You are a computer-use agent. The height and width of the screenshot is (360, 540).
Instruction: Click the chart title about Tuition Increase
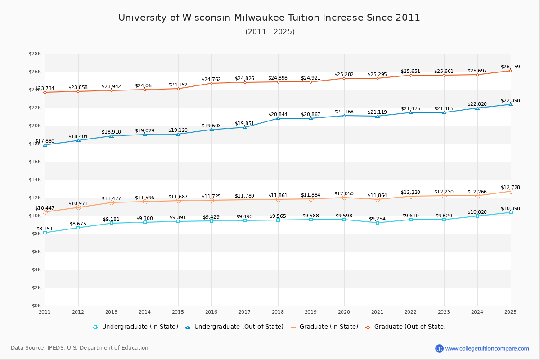(269, 18)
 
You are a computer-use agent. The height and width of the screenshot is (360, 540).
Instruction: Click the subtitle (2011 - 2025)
(270, 32)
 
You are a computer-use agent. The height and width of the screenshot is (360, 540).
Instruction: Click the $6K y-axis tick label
(36, 252)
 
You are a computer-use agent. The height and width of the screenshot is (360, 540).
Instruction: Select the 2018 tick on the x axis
(278, 311)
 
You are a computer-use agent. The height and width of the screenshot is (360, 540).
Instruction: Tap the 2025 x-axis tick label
(511, 311)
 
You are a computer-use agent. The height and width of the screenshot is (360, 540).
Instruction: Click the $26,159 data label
(510, 67)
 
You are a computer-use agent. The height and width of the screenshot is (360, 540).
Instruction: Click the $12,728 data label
(510, 188)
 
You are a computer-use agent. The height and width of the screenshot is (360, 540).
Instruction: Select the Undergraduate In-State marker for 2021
(378, 223)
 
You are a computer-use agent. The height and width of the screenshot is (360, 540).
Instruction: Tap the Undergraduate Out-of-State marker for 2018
(278, 118)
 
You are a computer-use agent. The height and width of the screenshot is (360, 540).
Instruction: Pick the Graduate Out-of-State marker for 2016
(211, 83)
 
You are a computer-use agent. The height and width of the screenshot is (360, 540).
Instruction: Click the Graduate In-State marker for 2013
(112, 202)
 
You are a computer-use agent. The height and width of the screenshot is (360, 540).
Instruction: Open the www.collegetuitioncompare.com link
(487, 348)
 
